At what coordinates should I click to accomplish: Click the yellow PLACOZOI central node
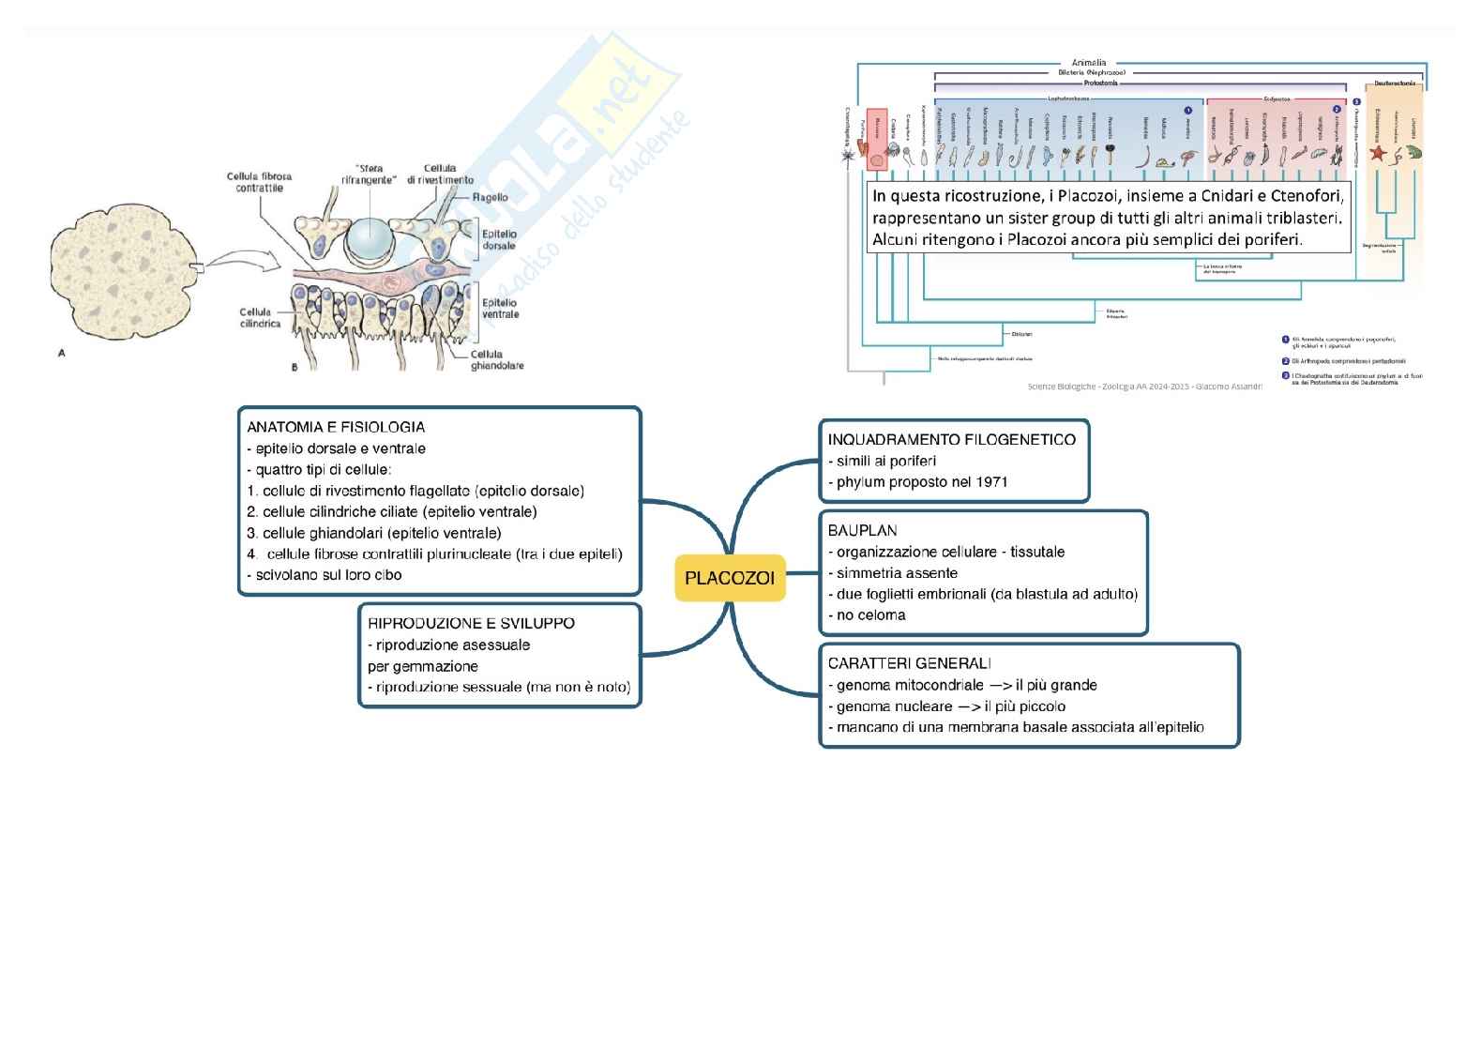(x=730, y=578)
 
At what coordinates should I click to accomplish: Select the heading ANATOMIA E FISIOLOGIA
(x=336, y=427)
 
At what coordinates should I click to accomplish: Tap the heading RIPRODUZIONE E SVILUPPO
(x=471, y=623)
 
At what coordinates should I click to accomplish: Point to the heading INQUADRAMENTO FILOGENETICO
(x=951, y=439)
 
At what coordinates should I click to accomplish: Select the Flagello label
(x=489, y=198)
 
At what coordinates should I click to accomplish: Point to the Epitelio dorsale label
(x=498, y=240)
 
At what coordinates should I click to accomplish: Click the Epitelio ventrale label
(x=500, y=309)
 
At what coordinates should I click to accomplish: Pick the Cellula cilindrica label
(x=254, y=317)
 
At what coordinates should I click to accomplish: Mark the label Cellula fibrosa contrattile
(x=259, y=182)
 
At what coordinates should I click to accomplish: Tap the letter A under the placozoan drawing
(x=62, y=354)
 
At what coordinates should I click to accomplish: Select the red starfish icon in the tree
(x=1378, y=152)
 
